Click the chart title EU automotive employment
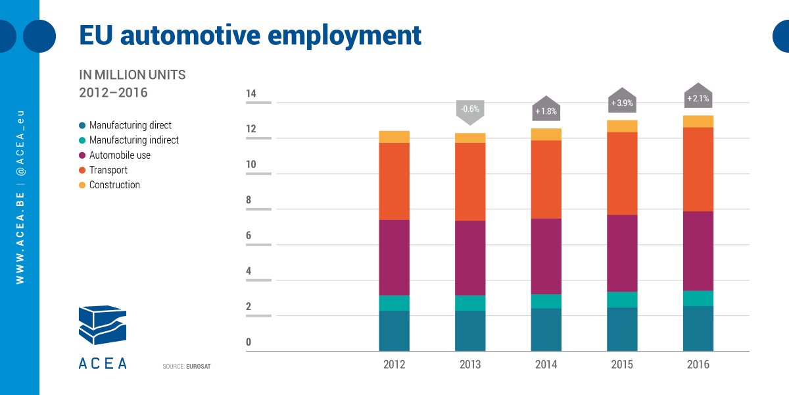pyautogui.click(x=250, y=35)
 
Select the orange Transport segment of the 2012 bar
pyautogui.click(x=394, y=181)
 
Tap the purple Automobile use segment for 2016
pyautogui.click(x=698, y=251)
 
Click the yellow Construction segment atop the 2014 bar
pyautogui.click(x=546, y=134)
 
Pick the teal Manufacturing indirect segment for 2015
pyautogui.click(x=622, y=300)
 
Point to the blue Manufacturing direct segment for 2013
pyautogui.click(x=470, y=330)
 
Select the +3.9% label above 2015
pyautogui.click(x=622, y=103)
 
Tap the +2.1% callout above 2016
pyautogui.click(x=698, y=99)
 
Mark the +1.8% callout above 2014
pyautogui.click(x=546, y=111)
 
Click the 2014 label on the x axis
pyautogui.click(x=546, y=365)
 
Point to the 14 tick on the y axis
pyautogui.click(x=251, y=94)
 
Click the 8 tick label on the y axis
pyautogui.click(x=249, y=200)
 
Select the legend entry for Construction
pyautogui.click(x=114, y=185)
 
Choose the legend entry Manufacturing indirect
pyautogui.click(x=133, y=140)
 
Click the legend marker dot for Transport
pyautogui.click(x=82, y=171)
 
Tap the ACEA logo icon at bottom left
pyautogui.click(x=103, y=326)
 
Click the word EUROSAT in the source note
pyautogui.click(x=199, y=365)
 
